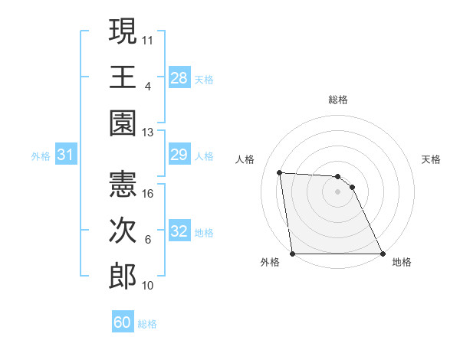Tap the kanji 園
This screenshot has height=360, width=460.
[x=123, y=123]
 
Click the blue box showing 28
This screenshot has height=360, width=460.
[x=179, y=77]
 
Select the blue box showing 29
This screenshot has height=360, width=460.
[x=179, y=155]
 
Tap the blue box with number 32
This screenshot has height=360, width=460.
[x=179, y=232]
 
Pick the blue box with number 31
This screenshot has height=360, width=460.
[x=65, y=155]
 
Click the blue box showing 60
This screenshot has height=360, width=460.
[x=123, y=322]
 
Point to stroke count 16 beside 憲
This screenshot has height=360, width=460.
[x=148, y=194]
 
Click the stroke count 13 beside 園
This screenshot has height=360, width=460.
[x=148, y=133]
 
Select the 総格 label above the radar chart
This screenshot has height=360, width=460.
[x=338, y=100]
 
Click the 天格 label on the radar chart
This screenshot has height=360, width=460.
[x=431, y=159]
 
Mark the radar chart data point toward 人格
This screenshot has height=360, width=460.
[x=280, y=172]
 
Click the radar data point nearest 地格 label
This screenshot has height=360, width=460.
[x=383, y=254]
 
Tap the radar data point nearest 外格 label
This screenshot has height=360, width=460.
[x=293, y=254]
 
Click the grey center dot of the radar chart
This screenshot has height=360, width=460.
[x=338, y=191]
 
